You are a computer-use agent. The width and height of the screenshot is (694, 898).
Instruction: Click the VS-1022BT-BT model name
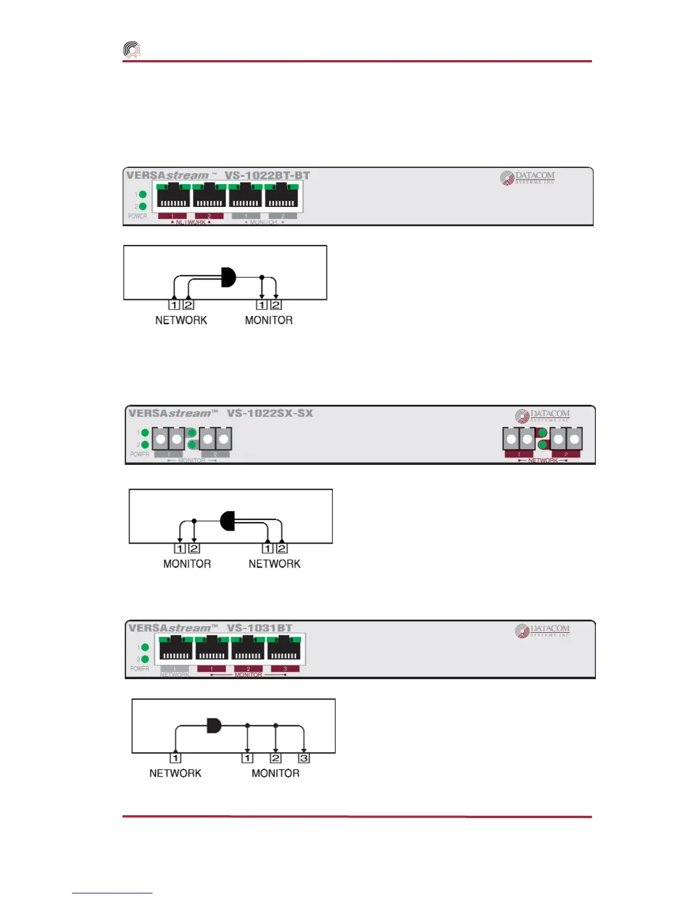coord(267,175)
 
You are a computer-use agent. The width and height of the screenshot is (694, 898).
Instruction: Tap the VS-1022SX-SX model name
coord(270,413)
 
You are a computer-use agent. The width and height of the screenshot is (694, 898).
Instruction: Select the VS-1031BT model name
coord(260,628)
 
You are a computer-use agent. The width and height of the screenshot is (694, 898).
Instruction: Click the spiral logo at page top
coord(132,50)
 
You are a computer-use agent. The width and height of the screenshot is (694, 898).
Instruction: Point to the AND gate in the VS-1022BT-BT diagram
coord(228,277)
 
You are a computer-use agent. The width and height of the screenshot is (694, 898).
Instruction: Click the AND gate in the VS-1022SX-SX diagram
coord(228,520)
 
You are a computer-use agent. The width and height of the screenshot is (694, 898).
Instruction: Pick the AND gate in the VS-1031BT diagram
coord(214,725)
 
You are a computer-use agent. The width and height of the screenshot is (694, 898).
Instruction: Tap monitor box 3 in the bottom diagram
coord(304,758)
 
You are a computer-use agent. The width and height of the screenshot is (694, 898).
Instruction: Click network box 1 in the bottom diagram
coord(175,758)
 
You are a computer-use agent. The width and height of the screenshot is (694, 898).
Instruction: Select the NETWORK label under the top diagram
coord(181,320)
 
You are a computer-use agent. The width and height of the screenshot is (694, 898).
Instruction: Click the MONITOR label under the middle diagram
coord(187,564)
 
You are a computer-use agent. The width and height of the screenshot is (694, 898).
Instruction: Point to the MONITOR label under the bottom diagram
coord(275,773)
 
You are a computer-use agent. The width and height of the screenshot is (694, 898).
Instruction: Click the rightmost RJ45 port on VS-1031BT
coord(283,649)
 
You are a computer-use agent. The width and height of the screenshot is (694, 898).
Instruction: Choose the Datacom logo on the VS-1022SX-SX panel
coord(543,416)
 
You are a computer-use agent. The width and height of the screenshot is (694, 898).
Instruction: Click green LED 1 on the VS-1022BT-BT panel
coord(143,194)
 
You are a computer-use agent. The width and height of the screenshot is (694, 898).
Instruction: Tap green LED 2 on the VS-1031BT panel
coord(145,659)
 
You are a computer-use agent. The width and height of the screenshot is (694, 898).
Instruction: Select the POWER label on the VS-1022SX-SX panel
coord(139,454)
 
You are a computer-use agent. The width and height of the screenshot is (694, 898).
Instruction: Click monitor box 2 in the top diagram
coord(276,305)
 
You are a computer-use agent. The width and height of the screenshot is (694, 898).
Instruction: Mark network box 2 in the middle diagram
coord(282,548)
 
